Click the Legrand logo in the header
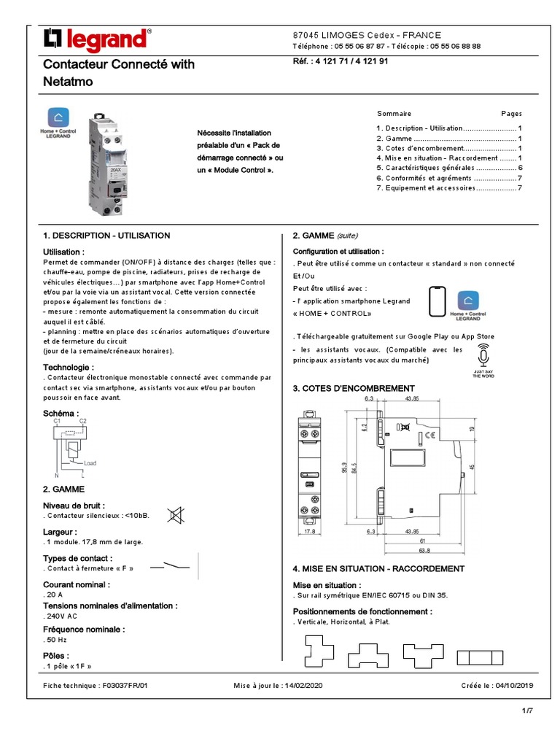point(98,39)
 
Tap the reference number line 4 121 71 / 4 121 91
point(340,63)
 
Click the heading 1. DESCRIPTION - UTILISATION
point(106,236)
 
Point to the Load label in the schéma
point(90,463)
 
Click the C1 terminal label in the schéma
point(57,422)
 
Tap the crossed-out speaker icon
point(176,515)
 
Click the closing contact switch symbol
point(170,566)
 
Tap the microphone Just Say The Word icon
point(483,357)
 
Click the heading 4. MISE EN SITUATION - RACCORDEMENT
point(378,568)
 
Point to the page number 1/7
point(527,711)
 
